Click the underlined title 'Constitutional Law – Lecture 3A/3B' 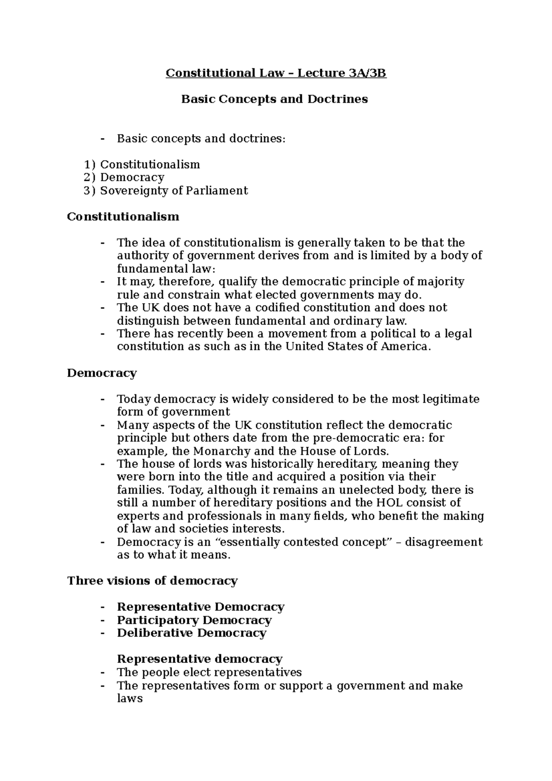276,73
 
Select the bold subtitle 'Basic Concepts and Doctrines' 275,99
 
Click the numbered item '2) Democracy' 124,177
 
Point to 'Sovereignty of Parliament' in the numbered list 174,190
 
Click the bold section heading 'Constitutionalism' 123,216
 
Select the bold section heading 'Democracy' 102,373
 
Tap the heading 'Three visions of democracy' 152,580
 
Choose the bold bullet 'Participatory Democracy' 194,620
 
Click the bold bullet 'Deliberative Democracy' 191,633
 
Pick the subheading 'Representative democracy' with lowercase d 199,659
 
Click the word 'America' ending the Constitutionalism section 406,346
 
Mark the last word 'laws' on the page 130,698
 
